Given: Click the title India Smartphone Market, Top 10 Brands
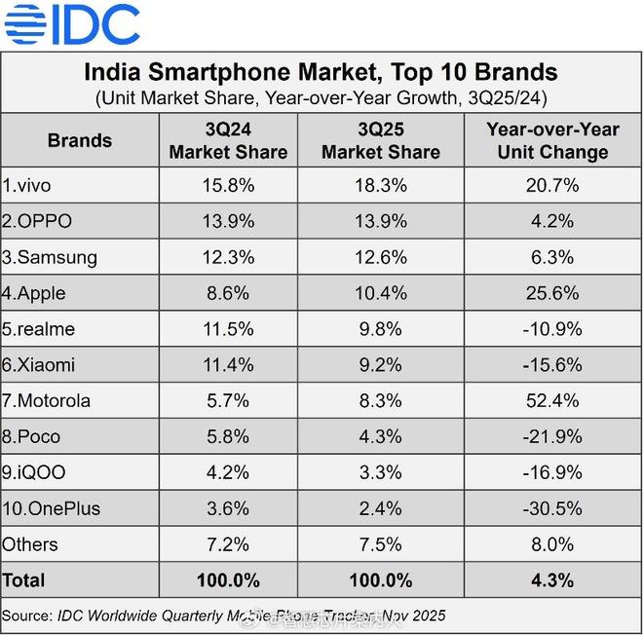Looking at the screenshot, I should (321, 72).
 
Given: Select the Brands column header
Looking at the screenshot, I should (79, 140).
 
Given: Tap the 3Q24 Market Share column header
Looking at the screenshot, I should (228, 141).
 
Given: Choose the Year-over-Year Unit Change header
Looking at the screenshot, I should (551, 141).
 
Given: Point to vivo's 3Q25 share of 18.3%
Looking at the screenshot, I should (380, 185).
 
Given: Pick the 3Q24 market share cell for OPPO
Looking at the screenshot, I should (228, 221).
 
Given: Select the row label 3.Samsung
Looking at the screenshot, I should (50, 257).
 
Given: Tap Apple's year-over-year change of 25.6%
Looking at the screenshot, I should (551, 293).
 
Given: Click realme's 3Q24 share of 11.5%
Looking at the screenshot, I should (228, 329).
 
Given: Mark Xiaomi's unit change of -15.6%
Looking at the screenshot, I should (551, 365).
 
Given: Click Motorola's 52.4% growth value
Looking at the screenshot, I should (551, 401).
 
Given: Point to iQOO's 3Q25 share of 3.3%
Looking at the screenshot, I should (380, 473).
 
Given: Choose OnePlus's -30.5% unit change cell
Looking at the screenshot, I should (551, 508).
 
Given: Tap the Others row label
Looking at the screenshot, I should (30, 544).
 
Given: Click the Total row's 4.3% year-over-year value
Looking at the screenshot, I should (551, 580).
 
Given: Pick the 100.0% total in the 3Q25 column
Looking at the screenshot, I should (380, 580).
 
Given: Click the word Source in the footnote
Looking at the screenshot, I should (27, 616).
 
